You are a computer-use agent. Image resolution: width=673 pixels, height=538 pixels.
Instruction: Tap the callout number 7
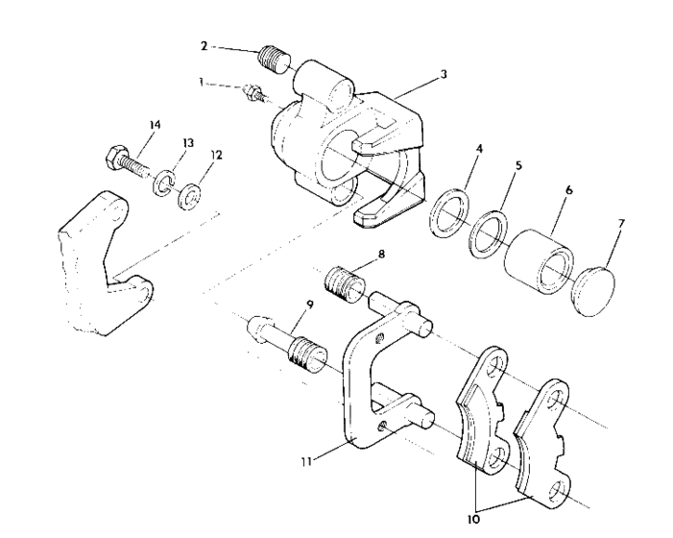pos(621,224)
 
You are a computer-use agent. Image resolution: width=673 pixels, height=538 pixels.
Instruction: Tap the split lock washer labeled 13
pos(164,182)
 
